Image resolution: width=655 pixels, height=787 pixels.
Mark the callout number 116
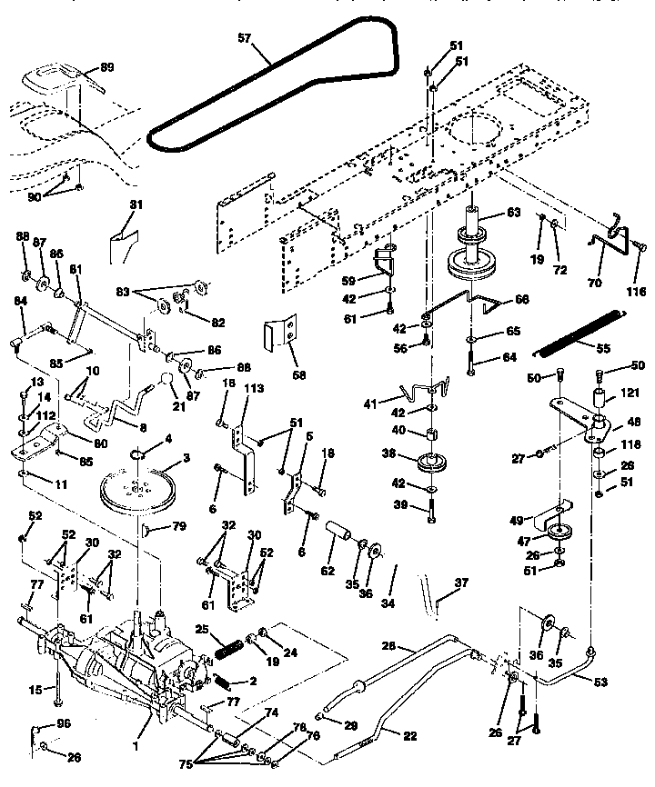635,291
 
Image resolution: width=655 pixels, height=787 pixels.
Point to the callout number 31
136,205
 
